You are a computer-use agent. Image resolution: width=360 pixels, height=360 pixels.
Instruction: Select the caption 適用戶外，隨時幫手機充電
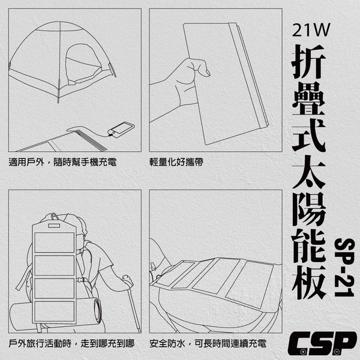(x=62, y=162)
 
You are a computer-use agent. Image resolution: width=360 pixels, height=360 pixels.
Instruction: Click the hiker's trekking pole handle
(x=127, y=279)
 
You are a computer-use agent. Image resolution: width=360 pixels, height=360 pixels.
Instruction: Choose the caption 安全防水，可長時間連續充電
(x=208, y=344)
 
